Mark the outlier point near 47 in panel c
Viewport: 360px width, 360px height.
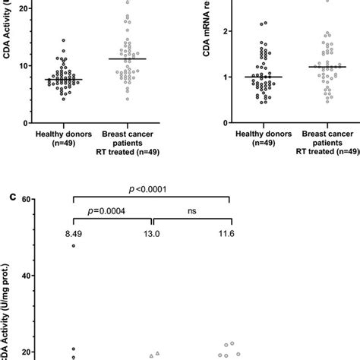(x=74, y=246)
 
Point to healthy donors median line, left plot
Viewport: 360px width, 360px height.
(x=65, y=79)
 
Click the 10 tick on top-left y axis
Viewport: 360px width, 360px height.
(x=27, y=65)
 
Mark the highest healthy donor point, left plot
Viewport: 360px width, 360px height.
(x=64, y=40)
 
